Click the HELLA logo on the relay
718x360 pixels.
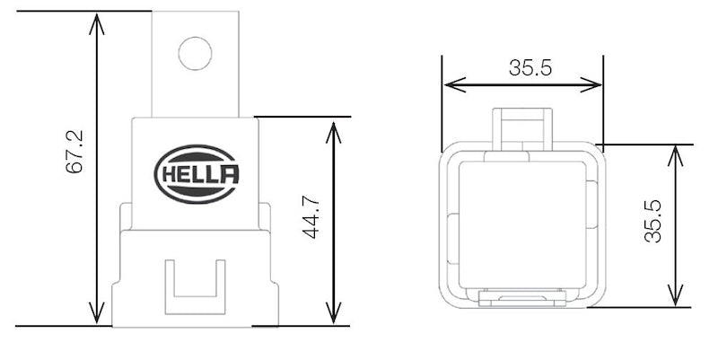pyautogui.click(x=197, y=174)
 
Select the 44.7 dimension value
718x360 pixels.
pyautogui.click(x=311, y=219)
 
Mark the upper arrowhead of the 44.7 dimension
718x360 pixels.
pyautogui.click(x=334, y=127)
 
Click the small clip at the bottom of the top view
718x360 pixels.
pyautogui.click(x=523, y=298)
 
